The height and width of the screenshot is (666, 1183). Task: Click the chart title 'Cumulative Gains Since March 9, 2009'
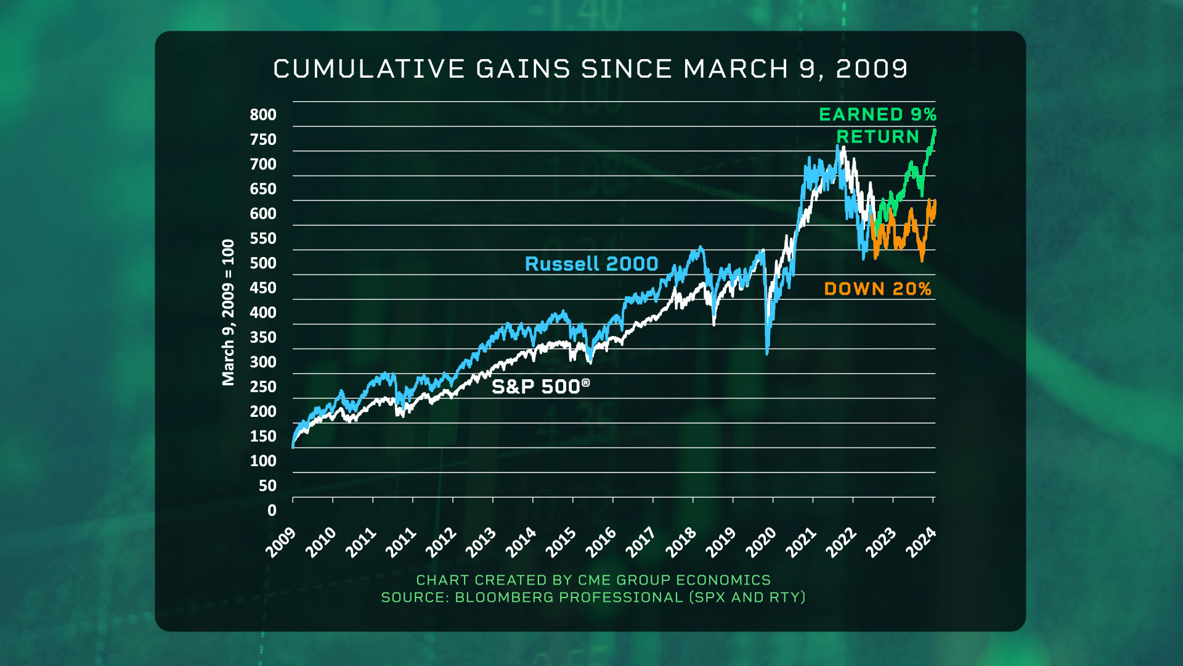[590, 69]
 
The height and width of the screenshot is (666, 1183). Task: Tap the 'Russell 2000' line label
[591, 264]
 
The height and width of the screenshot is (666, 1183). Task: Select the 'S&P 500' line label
[540, 387]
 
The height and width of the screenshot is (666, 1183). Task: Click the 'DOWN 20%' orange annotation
[877, 289]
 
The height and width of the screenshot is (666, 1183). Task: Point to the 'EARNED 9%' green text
[877, 115]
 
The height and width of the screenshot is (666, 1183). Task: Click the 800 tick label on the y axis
[263, 115]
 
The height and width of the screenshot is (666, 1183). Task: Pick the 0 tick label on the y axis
[272, 511]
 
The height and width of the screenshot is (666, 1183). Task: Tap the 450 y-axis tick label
[263, 288]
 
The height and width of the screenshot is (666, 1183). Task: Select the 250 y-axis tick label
[263, 387]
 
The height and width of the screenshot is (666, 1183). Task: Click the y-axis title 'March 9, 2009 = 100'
[229, 312]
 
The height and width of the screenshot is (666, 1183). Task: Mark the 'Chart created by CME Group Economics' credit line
[593, 580]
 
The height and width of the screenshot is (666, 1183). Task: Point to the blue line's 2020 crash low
[767, 353]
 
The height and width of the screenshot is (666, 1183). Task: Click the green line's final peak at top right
[935, 130]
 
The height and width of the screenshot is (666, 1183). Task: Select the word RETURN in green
[877, 137]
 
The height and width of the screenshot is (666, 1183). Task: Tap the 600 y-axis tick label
[263, 214]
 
